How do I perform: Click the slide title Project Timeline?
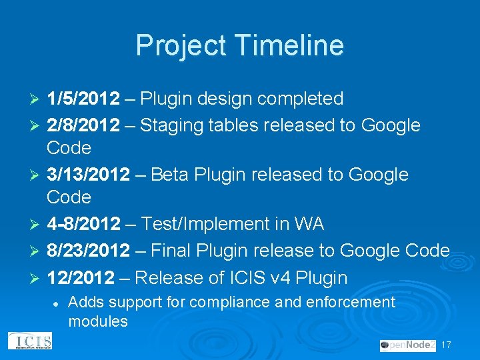point(240,45)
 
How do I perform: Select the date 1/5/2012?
point(83,99)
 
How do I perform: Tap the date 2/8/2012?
point(83,125)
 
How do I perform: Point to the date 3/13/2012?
point(88,175)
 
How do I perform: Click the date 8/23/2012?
point(88,251)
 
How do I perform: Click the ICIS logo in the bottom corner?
point(29,341)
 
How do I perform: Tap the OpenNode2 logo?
point(407,345)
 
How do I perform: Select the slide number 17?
point(447,345)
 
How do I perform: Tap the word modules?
point(98,321)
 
